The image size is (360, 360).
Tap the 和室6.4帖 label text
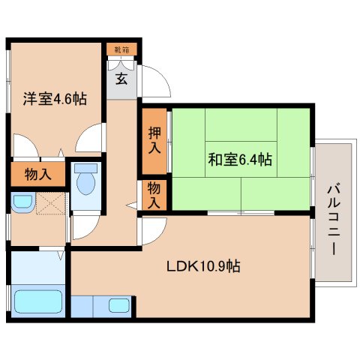point(239,159)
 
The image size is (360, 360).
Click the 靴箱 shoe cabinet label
point(121,50)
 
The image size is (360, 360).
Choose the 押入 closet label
point(154,140)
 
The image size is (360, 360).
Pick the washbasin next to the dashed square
point(22,200)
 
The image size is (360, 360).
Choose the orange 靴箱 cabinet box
point(121,50)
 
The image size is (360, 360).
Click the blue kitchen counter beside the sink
point(89,305)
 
